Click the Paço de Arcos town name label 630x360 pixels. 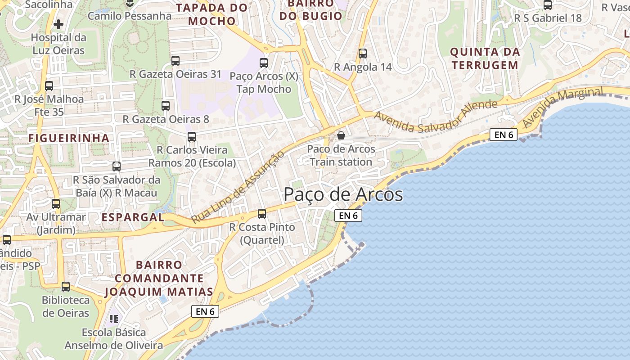(343, 194)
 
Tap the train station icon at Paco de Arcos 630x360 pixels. (341, 135)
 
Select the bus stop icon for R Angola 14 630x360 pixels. (362, 54)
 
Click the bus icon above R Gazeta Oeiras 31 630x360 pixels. (175, 60)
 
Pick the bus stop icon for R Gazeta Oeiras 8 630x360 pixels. (166, 106)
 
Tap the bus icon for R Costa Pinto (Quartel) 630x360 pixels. (262, 214)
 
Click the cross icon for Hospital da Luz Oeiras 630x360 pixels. (58, 24)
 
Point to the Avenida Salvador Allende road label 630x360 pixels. (436, 116)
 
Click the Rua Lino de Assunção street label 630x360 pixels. (238, 187)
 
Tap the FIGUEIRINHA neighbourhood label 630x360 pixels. (69, 138)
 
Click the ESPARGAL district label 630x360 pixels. (133, 217)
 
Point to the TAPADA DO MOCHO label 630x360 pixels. (211, 14)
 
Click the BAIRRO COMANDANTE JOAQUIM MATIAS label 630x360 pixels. (159, 279)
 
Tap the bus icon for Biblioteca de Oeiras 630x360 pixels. (66, 287)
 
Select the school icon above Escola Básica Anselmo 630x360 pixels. (114, 319)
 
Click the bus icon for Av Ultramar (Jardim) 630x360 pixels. (56, 204)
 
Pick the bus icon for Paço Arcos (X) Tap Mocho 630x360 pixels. (264, 63)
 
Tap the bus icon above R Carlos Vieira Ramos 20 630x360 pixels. (192, 137)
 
